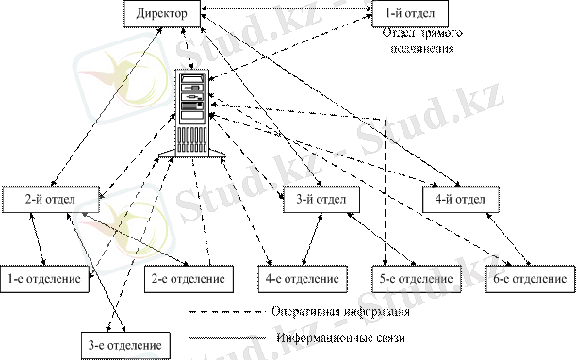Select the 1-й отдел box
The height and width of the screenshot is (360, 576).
410,14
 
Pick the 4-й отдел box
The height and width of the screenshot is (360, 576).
459,201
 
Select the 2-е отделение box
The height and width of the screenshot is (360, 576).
189,279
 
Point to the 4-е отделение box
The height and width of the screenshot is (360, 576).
300,279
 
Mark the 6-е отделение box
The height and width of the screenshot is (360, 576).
529,279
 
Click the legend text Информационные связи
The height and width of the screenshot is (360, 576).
337,337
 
